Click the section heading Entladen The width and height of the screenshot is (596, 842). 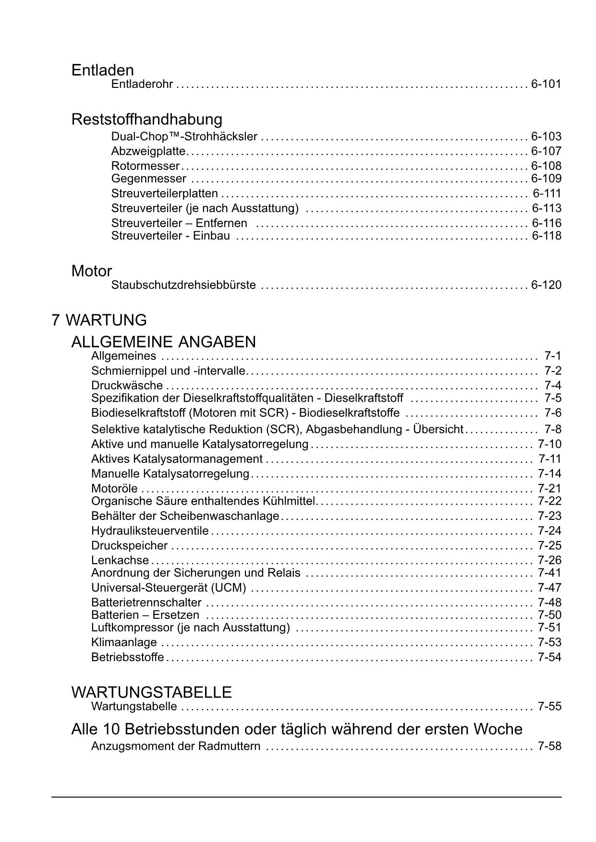point(102,70)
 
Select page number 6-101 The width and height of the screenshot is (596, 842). point(546,84)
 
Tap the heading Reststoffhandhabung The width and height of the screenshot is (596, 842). point(146,119)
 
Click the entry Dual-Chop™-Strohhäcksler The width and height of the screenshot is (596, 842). point(184,137)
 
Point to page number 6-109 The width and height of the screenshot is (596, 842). point(546,179)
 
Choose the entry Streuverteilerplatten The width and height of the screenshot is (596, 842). point(164,193)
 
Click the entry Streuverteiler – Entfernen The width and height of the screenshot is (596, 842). point(179,223)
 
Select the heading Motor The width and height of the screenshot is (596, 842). point(91,271)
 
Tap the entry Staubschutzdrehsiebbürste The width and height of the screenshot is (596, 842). point(183,285)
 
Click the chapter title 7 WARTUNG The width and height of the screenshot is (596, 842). point(99,320)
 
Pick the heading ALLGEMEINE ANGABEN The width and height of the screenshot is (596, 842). point(163,342)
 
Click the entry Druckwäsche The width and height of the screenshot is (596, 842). point(127,385)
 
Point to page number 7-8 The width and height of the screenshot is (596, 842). point(553,429)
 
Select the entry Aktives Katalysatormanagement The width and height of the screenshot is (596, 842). point(177,459)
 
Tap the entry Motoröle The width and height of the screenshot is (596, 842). point(114,489)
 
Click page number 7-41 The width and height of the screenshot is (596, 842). point(549,573)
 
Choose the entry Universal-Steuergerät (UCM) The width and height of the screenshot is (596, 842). point(169,588)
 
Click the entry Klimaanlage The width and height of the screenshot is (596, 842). point(124,642)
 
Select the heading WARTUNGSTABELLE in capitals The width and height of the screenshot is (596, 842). point(151,692)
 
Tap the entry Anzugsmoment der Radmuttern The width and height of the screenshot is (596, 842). point(176,746)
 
